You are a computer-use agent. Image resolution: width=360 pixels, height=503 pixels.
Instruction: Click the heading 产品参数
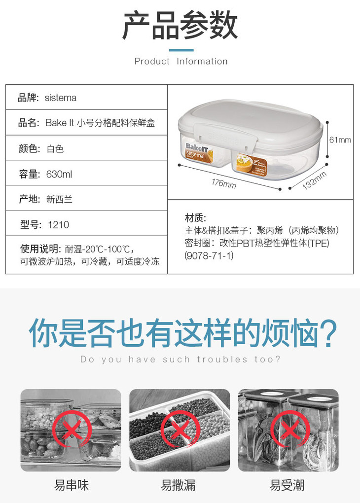pyautogui.click(x=180, y=26)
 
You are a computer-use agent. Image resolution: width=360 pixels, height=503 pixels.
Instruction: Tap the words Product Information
pyautogui.click(x=181, y=61)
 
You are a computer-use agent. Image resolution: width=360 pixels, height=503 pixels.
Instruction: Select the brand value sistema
pyautogui.click(x=61, y=98)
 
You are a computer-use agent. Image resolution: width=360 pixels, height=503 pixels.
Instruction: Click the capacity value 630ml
pyautogui.click(x=59, y=174)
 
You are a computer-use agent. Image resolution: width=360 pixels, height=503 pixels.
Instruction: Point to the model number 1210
pyautogui.click(x=58, y=224)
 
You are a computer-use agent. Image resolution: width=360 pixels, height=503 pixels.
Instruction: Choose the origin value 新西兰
pyautogui.click(x=59, y=199)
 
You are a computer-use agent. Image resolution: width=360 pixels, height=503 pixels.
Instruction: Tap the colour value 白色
pyautogui.click(x=55, y=149)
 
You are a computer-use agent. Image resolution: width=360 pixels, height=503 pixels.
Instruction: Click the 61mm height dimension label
pyautogui.click(x=340, y=140)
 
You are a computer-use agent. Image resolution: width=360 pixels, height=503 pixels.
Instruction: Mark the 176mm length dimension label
pyautogui.click(x=223, y=183)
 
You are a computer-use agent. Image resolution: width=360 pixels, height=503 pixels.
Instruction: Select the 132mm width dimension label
pyautogui.click(x=315, y=180)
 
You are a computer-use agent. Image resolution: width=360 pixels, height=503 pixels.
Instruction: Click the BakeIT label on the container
pyautogui.click(x=197, y=148)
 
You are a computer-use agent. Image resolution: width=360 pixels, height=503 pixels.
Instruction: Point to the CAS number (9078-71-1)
pyautogui.click(x=209, y=255)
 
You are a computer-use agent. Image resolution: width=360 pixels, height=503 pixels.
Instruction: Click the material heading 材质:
pyautogui.click(x=195, y=218)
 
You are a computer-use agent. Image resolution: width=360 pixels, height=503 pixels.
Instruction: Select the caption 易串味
pyautogui.click(x=71, y=485)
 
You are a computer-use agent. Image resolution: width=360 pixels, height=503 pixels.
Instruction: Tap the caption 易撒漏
pyautogui.click(x=179, y=485)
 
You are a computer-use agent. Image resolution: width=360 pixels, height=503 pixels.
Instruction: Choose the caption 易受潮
pyautogui.click(x=287, y=485)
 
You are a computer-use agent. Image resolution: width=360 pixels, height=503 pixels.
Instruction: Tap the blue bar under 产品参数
pyautogui.click(x=181, y=50)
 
